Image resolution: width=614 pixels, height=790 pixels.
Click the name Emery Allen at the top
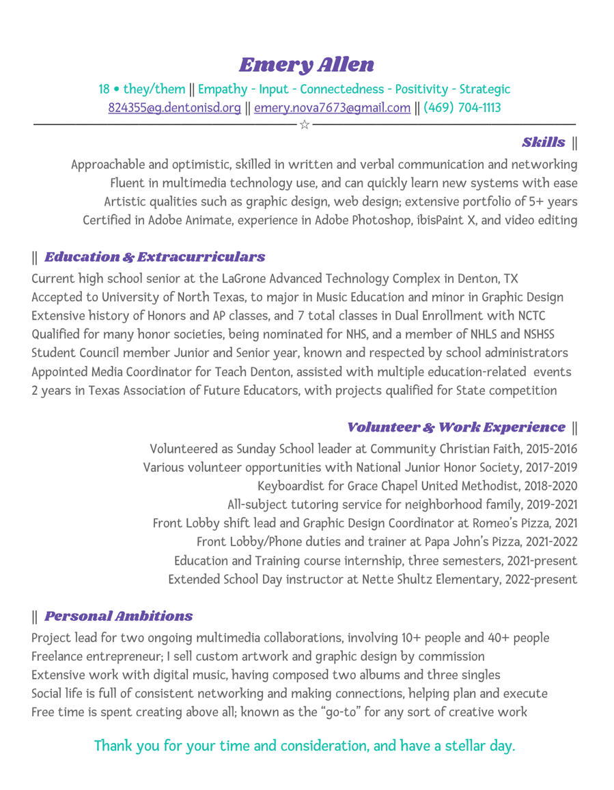click(x=307, y=65)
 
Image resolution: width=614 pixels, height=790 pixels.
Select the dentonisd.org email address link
click(x=174, y=108)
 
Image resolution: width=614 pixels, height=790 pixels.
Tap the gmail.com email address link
click(x=332, y=108)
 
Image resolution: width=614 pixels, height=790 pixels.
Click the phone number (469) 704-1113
click(x=462, y=108)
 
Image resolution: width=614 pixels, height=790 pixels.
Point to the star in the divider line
click(x=305, y=124)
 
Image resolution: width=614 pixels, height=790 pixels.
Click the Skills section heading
click(x=543, y=143)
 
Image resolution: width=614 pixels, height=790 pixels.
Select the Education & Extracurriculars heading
click(x=154, y=257)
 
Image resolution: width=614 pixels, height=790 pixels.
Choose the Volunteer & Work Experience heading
click(x=456, y=427)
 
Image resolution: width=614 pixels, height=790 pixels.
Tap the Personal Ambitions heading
click(x=118, y=617)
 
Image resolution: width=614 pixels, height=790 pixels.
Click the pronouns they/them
click(x=154, y=89)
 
